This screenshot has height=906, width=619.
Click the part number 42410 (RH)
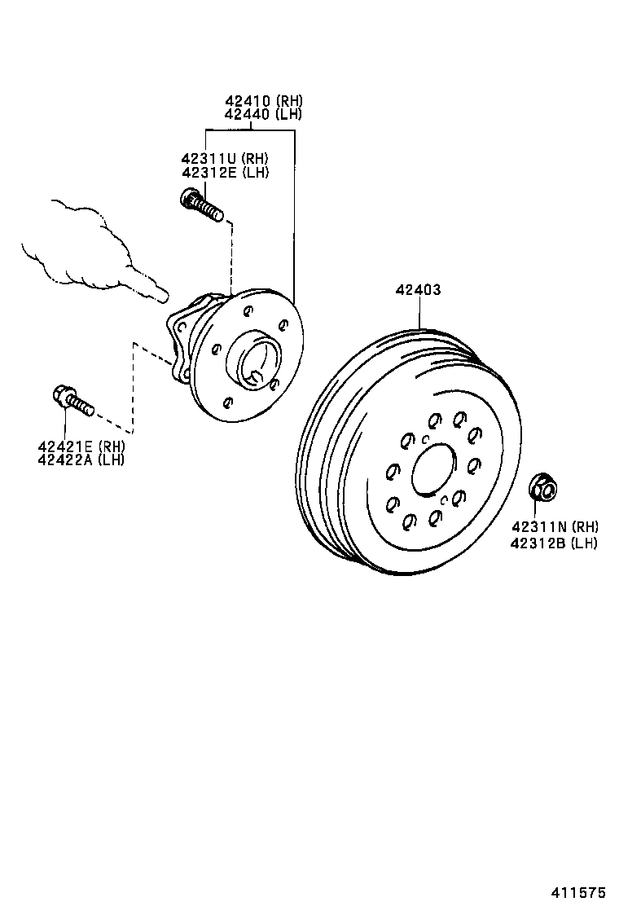[263, 101]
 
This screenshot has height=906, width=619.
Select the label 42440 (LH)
[263, 114]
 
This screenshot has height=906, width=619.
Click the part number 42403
[419, 289]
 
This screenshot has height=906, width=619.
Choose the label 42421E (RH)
[81, 446]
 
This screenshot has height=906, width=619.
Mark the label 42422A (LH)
[81, 460]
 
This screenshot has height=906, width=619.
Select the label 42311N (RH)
[554, 527]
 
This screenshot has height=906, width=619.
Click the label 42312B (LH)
[554, 542]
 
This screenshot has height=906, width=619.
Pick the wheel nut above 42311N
[542, 487]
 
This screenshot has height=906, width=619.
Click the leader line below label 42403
[419, 314]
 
